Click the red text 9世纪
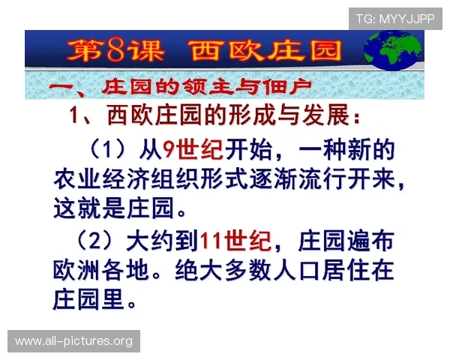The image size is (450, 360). click(x=193, y=150)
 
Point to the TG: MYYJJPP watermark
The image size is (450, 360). click(x=395, y=18)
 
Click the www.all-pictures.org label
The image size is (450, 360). click(x=74, y=341)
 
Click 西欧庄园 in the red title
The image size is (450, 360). click(x=267, y=50)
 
